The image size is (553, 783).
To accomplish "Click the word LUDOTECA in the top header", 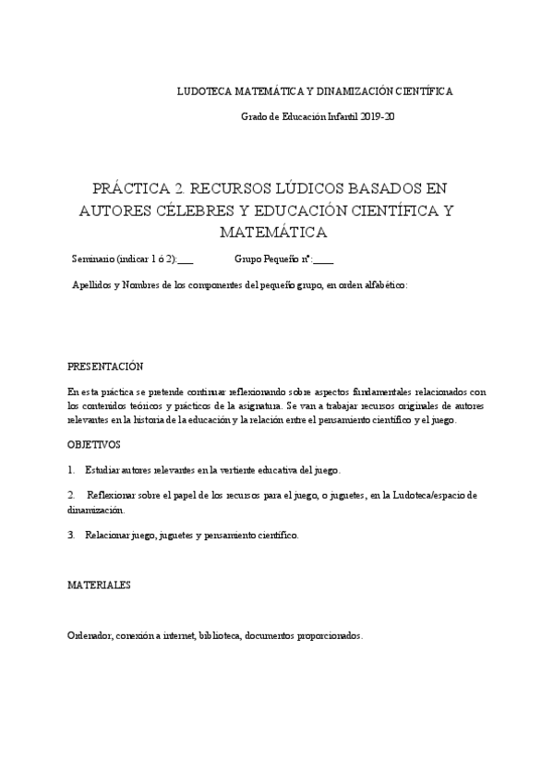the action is (204, 91).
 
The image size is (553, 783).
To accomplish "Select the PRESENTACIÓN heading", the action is (105, 366).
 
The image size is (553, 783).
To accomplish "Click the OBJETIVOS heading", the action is (93, 444).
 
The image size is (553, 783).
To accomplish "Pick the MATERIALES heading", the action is (99, 585).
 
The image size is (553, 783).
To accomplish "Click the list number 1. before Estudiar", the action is (71, 470).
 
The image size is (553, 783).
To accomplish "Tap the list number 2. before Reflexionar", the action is (71, 496).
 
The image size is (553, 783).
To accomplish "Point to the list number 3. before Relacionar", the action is (71, 535).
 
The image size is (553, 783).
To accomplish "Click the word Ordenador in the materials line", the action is (90, 635).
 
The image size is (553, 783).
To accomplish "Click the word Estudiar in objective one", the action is (104, 470).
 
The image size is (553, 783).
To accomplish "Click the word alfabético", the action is (383, 284).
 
